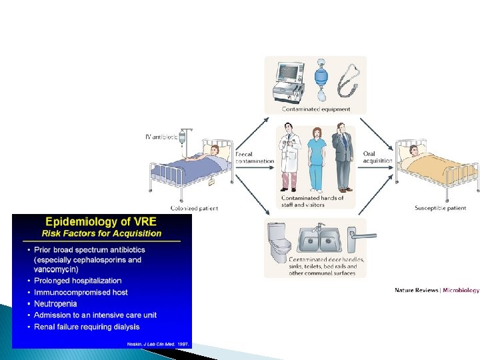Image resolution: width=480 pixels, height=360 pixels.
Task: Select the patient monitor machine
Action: (288, 81)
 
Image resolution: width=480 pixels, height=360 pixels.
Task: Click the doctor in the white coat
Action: (289, 156)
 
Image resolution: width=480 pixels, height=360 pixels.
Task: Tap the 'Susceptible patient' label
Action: (440, 209)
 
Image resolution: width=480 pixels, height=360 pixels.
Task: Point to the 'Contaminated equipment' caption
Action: (315, 109)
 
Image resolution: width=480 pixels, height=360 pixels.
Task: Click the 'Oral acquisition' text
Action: (371, 157)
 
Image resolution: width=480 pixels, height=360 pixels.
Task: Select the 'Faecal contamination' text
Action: (254, 157)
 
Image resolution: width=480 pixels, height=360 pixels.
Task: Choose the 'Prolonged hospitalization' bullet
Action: (78, 281)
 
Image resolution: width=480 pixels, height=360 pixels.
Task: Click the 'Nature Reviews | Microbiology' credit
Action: (436, 290)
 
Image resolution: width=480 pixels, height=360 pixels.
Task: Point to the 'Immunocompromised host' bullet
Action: (81, 292)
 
